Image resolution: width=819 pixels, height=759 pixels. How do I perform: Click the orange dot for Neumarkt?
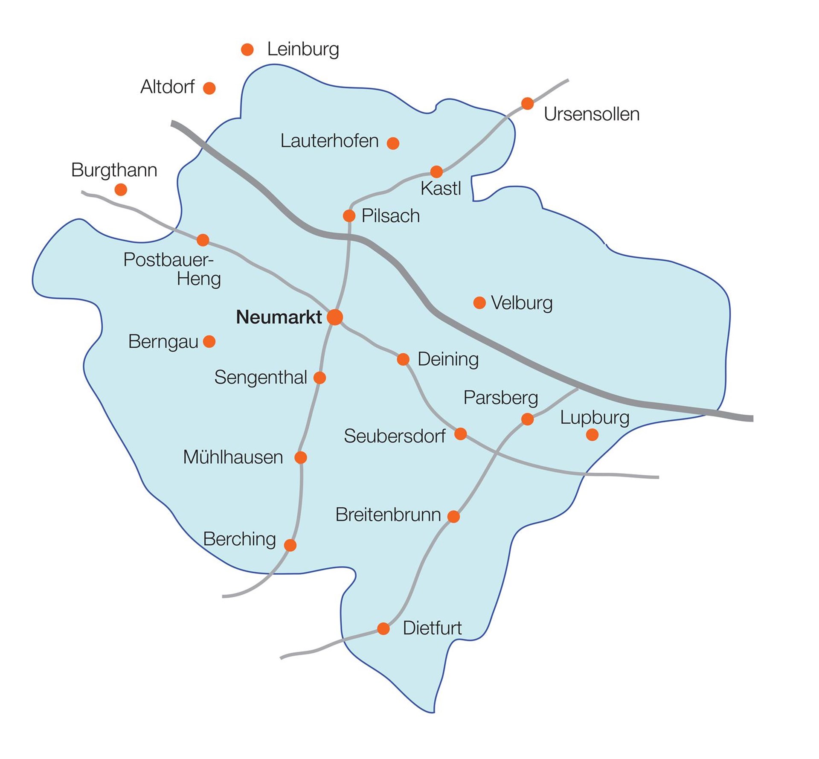[335, 317]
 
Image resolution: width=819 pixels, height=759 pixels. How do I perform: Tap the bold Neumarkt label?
[279, 317]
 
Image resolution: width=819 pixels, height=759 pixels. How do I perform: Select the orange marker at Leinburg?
[247, 49]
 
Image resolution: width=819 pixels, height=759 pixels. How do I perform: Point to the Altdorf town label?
[167, 87]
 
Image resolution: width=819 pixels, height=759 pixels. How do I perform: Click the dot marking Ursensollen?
[527, 103]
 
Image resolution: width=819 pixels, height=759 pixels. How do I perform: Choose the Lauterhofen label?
[329, 141]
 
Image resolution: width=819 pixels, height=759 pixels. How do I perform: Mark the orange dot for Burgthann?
[121, 189]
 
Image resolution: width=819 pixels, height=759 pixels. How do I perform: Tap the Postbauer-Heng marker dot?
[203, 240]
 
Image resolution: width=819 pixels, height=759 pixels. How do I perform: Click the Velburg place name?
[521, 303]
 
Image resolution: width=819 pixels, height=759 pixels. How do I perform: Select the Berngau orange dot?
[209, 341]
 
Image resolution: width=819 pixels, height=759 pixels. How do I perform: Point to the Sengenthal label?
[260, 377]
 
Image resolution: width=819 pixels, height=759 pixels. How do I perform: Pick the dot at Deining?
[403, 359]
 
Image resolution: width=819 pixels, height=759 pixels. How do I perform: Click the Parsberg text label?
[500, 398]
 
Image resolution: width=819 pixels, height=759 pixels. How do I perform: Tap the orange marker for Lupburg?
[592, 435]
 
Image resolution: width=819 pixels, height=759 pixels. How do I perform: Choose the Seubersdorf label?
[395, 436]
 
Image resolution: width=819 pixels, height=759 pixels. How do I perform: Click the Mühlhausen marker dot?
[301, 457]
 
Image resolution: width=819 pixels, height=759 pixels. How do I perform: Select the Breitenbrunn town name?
[388, 515]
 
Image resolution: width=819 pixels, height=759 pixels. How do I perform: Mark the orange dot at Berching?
[290, 545]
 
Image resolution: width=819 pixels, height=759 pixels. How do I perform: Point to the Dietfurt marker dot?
[383, 628]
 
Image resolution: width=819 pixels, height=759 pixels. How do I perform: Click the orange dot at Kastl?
[436, 172]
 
